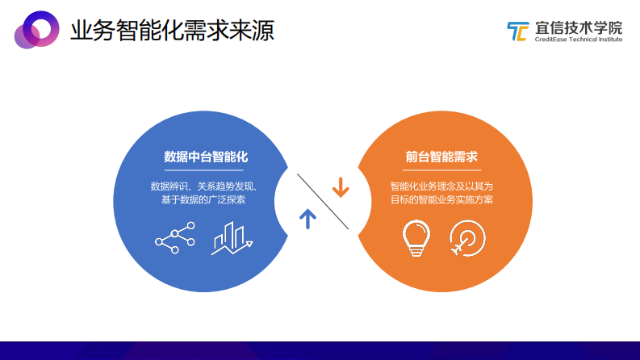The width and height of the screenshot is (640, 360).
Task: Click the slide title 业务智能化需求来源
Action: [x=172, y=31]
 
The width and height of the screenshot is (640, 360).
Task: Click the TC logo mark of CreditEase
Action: [x=517, y=31]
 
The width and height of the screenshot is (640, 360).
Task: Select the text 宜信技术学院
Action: [x=578, y=27]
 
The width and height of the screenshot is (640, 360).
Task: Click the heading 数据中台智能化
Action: [x=204, y=157]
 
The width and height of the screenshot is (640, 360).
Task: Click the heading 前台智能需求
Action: [x=441, y=157]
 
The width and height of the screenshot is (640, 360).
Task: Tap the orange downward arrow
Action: [x=341, y=187]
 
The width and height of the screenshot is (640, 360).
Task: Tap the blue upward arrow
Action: [x=307, y=218]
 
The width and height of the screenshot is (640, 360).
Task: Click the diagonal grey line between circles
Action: [x=323, y=201]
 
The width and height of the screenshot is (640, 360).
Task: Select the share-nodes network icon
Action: [x=175, y=237]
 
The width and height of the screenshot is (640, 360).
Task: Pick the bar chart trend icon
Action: [x=232, y=238]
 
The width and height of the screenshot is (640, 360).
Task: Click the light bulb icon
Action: [x=416, y=238]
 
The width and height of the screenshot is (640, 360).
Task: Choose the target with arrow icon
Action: [x=467, y=238]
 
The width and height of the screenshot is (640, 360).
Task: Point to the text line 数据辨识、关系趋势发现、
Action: [x=204, y=186]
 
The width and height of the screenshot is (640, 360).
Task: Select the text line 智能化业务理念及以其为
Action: [x=441, y=186]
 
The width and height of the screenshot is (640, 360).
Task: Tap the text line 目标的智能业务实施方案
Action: [x=441, y=200]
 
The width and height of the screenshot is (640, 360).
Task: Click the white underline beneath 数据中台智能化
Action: [x=204, y=170]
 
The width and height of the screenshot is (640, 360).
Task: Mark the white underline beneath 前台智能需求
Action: [x=441, y=170]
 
